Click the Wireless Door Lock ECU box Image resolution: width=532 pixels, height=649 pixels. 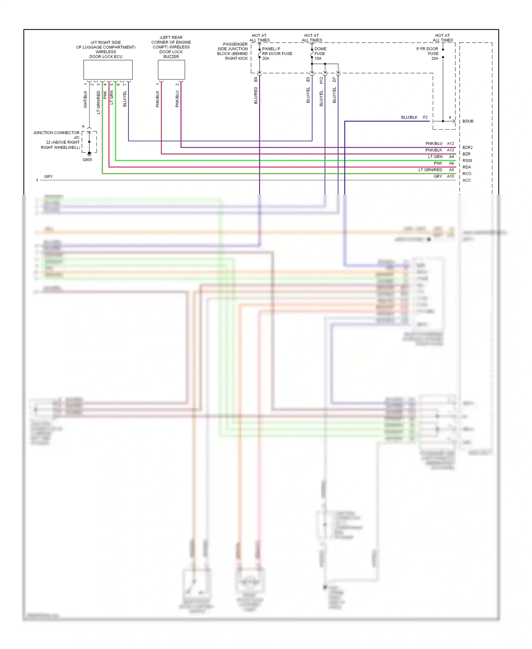click(108, 70)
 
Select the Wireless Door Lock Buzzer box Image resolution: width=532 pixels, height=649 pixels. click(171, 70)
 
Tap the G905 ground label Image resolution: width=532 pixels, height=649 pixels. click(87, 160)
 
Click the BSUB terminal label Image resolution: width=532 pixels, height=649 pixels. click(468, 121)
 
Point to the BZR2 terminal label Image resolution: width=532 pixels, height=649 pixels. click(467, 147)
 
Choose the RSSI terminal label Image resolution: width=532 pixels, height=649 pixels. click(467, 160)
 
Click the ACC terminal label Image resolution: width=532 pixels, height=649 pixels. click(466, 180)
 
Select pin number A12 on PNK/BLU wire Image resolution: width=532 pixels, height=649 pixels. click(450, 143)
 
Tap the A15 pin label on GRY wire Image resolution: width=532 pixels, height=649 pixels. click(450, 176)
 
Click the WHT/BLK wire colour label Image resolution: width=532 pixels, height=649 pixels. click(85, 99)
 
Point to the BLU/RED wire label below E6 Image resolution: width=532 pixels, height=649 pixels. click(256, 96)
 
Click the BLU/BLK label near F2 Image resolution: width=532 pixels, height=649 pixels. click(409, 117)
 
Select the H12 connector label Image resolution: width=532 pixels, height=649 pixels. click(321, 81)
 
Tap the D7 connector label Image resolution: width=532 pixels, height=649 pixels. click(334, 80)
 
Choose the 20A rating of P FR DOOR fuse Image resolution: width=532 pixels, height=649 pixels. click(434, 59)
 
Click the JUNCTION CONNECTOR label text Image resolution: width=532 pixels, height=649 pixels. click(56, 133)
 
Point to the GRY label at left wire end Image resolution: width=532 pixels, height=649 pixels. click(48, 176)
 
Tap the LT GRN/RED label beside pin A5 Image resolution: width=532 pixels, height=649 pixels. click(430, 170)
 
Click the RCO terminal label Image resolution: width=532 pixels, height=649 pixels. click(467, 174)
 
